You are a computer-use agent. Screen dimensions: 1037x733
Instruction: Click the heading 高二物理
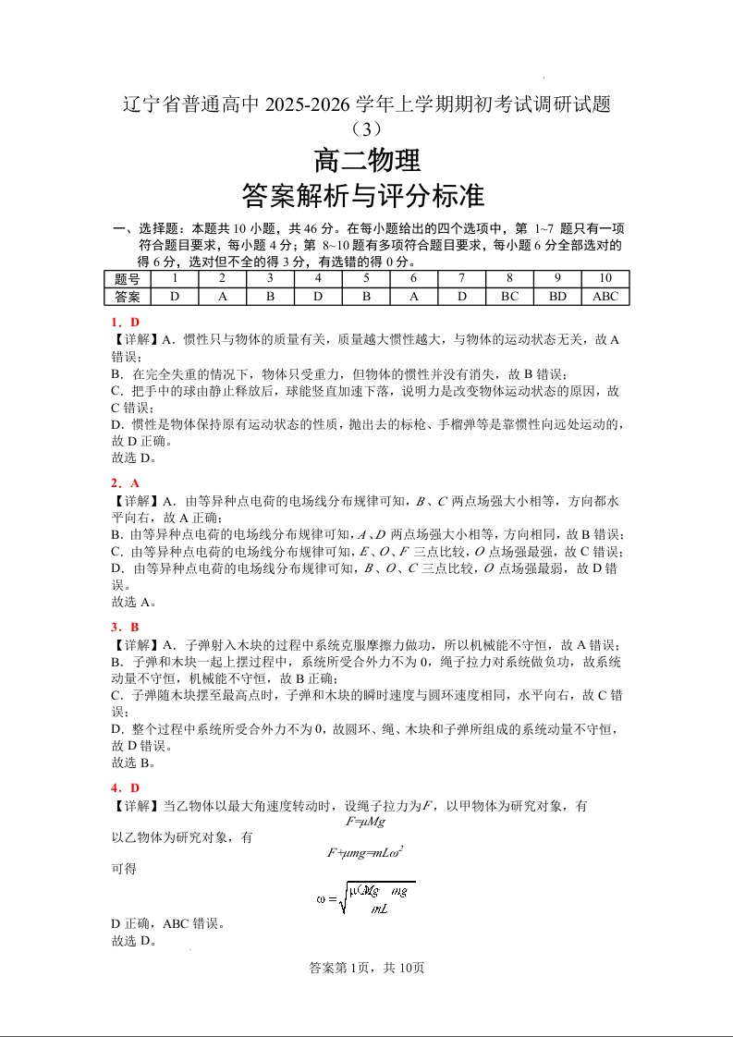367,161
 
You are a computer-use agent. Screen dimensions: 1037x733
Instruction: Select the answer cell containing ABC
605,297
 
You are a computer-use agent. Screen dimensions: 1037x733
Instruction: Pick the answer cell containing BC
509,297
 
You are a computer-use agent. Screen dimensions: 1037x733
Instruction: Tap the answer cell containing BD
557,297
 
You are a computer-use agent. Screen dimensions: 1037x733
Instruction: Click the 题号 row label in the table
128,279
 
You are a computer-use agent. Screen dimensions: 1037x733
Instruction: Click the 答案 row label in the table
128,297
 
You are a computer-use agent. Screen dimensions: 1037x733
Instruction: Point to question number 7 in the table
461,279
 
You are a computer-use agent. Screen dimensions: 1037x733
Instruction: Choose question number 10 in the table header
605,279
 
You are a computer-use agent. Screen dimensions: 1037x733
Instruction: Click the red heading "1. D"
125,323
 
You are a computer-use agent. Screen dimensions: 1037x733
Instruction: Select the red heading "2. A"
125,483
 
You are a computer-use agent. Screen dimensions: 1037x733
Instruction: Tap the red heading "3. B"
125,628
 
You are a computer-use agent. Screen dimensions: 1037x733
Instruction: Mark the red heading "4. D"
125,788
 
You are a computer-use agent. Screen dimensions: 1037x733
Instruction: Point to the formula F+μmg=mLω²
367,853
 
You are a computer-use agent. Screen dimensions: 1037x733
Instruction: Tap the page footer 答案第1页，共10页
367,968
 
